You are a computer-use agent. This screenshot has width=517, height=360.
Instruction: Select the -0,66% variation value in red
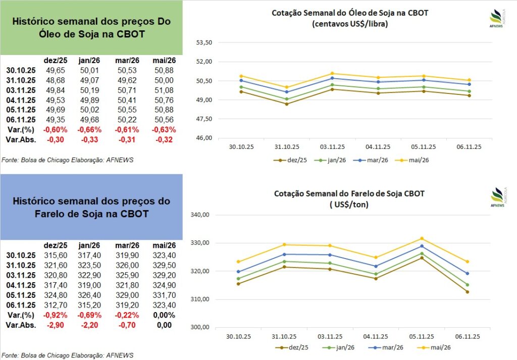click(90, 129)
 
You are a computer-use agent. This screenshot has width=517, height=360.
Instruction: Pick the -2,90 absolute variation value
click(53, 325)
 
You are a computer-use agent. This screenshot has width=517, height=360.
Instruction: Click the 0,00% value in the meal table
click(163, 316)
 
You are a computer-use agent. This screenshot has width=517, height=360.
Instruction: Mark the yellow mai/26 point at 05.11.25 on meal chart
click(422, 238)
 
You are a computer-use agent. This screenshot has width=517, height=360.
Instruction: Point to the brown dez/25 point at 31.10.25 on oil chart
click(286, 104)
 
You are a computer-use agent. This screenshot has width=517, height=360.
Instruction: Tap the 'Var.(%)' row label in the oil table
click(20, 129)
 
